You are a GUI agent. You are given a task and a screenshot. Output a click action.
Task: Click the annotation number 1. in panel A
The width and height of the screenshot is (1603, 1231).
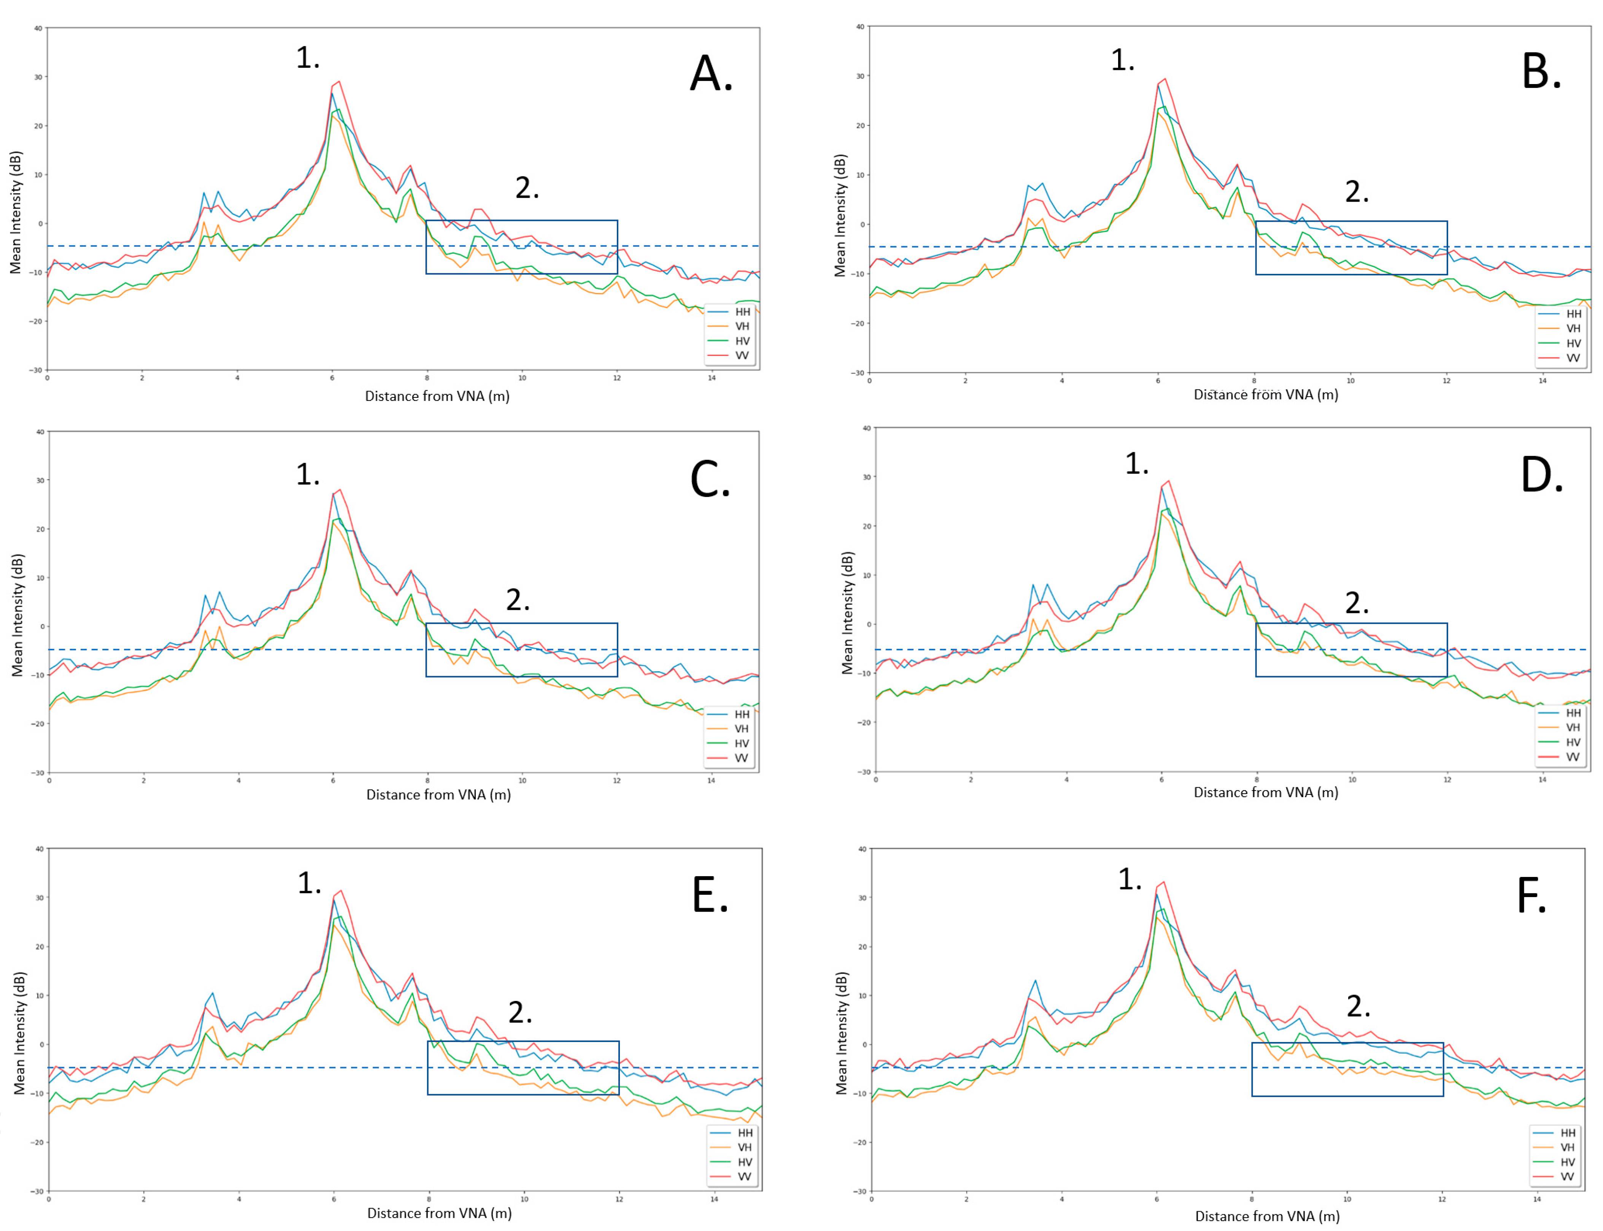tap(308, 57)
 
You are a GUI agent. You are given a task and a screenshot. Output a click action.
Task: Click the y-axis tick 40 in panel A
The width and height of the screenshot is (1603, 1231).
tap(37, 29)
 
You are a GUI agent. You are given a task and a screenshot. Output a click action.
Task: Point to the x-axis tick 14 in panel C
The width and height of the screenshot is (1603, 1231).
tap(711, 780)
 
